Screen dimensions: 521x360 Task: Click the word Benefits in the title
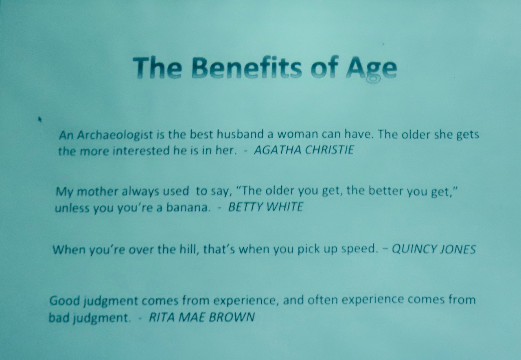pyautogui.click(x=247, y=67)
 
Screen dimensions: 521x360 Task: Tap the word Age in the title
pyautogui.click(x=371, y=70)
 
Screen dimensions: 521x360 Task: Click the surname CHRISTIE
pyautogui.click(x=329, y=150)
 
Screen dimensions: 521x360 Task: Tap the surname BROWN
pyautogui.click(x=232, y=317)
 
